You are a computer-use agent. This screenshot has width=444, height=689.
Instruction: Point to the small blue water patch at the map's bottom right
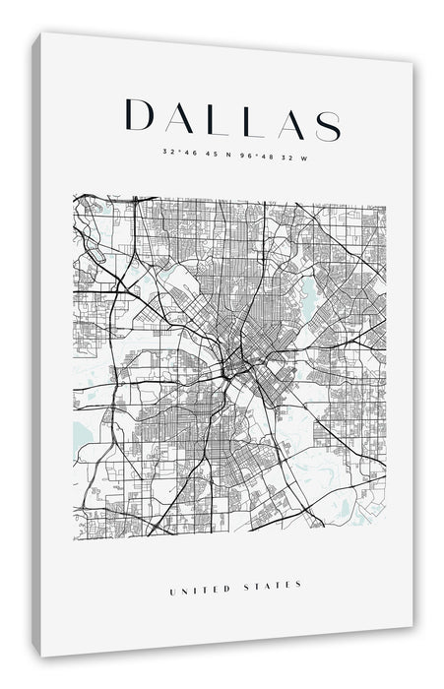click(344, 509)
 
